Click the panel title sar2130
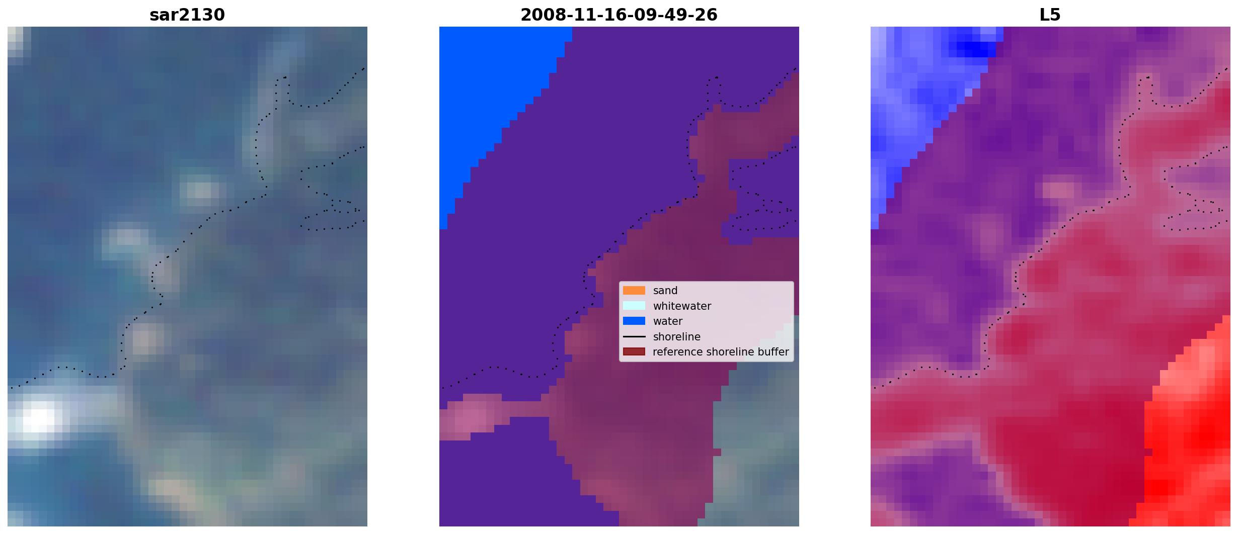[187, 15]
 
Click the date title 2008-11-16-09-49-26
[618, 15]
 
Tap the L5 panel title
[1050, 15]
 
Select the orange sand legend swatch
[634, 291]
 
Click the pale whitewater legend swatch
[634, 306]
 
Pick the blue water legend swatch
[634, 321]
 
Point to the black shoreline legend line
[634, 336]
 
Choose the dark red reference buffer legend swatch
[634, 352]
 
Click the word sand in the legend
[665, 291]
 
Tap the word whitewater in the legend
[682, 306]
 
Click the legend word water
[668, 321]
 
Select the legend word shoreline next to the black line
[676, 337]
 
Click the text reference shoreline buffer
[721, 352]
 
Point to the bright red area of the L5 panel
[1193, 427]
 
